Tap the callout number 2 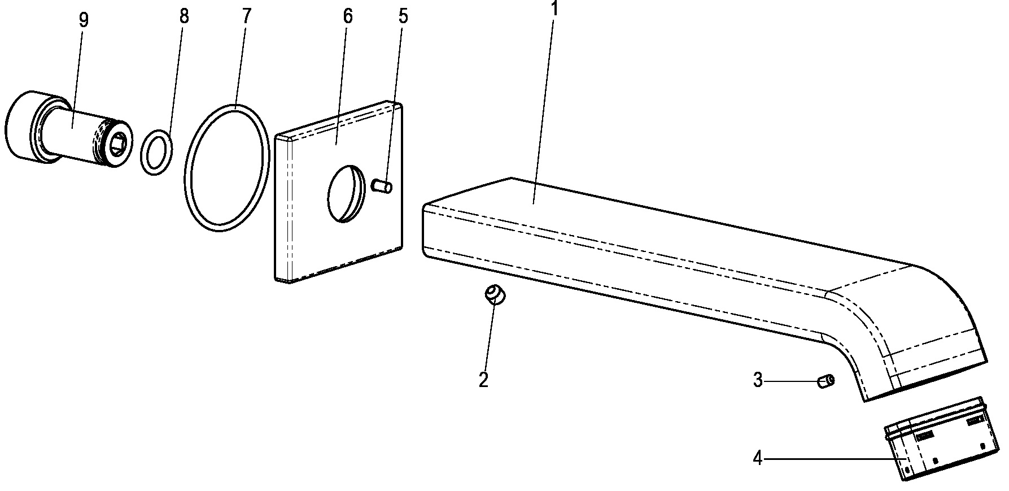pyautogui.click(x=483, y=379)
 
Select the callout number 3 pyautogui.click(x=758, y=380)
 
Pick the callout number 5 pyautogui.click(x=403, y=16)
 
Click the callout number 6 pyautogui.click(x=347, y=16)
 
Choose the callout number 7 pyautogui.click(x=246, y=16)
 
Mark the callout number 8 pyautogui.click(x=184, y=16)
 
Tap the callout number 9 pyautogui.click(x=84, y=20)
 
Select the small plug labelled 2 pyautogui.click(x=495, y=295)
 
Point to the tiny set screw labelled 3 pyautogui.click(x=825, y=381)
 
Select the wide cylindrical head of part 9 pyautogui.click(x=23, y=125)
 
